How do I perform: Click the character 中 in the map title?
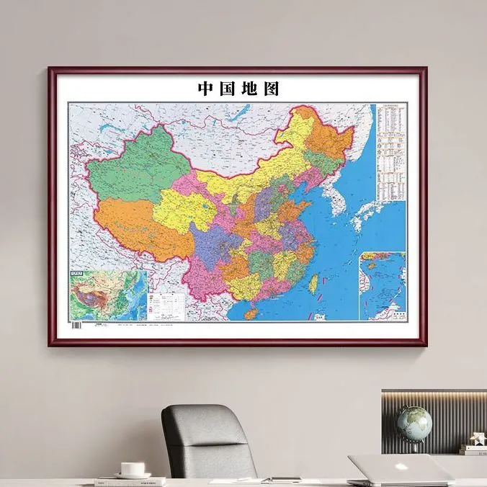[x=206, y=89]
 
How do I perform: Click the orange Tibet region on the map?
[x=137, y=223]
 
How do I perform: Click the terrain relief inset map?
[x=108, y=295]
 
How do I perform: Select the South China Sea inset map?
[x=383, y=285]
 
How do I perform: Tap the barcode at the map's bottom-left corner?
[x=76, y=326]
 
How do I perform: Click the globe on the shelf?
[x=414, y=423]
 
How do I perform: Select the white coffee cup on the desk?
[x=132, y=468]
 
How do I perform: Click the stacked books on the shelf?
[x=473, y=448]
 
